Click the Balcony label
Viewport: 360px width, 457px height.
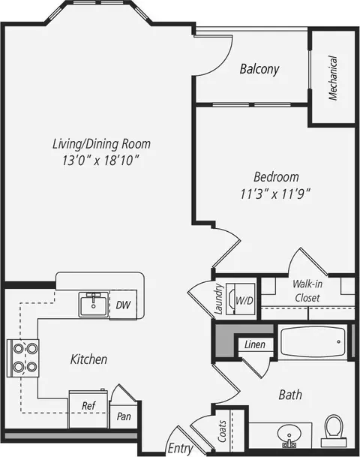coord(259,69)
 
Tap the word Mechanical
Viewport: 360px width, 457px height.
coord(333,78)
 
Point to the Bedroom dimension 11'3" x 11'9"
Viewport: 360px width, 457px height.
coord(275,194)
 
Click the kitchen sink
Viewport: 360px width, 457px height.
coord(94,304)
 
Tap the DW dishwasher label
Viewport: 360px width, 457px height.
coord(123,305)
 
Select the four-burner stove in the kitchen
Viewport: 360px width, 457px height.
coord(23,358)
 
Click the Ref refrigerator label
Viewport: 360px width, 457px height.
coord(88,405)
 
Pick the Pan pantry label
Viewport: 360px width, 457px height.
coord(124,416)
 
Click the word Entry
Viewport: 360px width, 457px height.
coord(181,449)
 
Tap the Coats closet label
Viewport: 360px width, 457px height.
coord(222,431)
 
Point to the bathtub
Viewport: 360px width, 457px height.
coord(313,342)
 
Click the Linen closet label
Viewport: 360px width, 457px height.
coord(255,344)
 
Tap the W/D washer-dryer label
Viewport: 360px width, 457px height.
coord(244,300)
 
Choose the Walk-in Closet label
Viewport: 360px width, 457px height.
coord(307,290)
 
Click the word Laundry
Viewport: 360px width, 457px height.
coord(218,299)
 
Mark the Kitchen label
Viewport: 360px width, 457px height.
coord(88,359)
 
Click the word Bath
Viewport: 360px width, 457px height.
coord(290,395)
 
